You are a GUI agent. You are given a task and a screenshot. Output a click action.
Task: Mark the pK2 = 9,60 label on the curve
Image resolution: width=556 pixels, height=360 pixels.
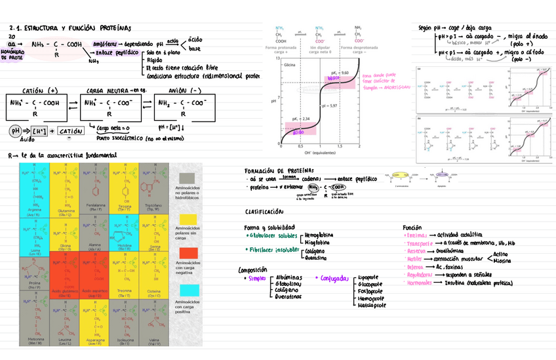(349, 72)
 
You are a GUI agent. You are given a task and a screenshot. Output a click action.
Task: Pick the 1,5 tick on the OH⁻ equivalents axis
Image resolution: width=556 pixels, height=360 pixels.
(340, 146)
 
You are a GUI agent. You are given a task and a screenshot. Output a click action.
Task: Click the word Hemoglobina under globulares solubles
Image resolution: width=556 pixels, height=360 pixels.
(322, 234)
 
